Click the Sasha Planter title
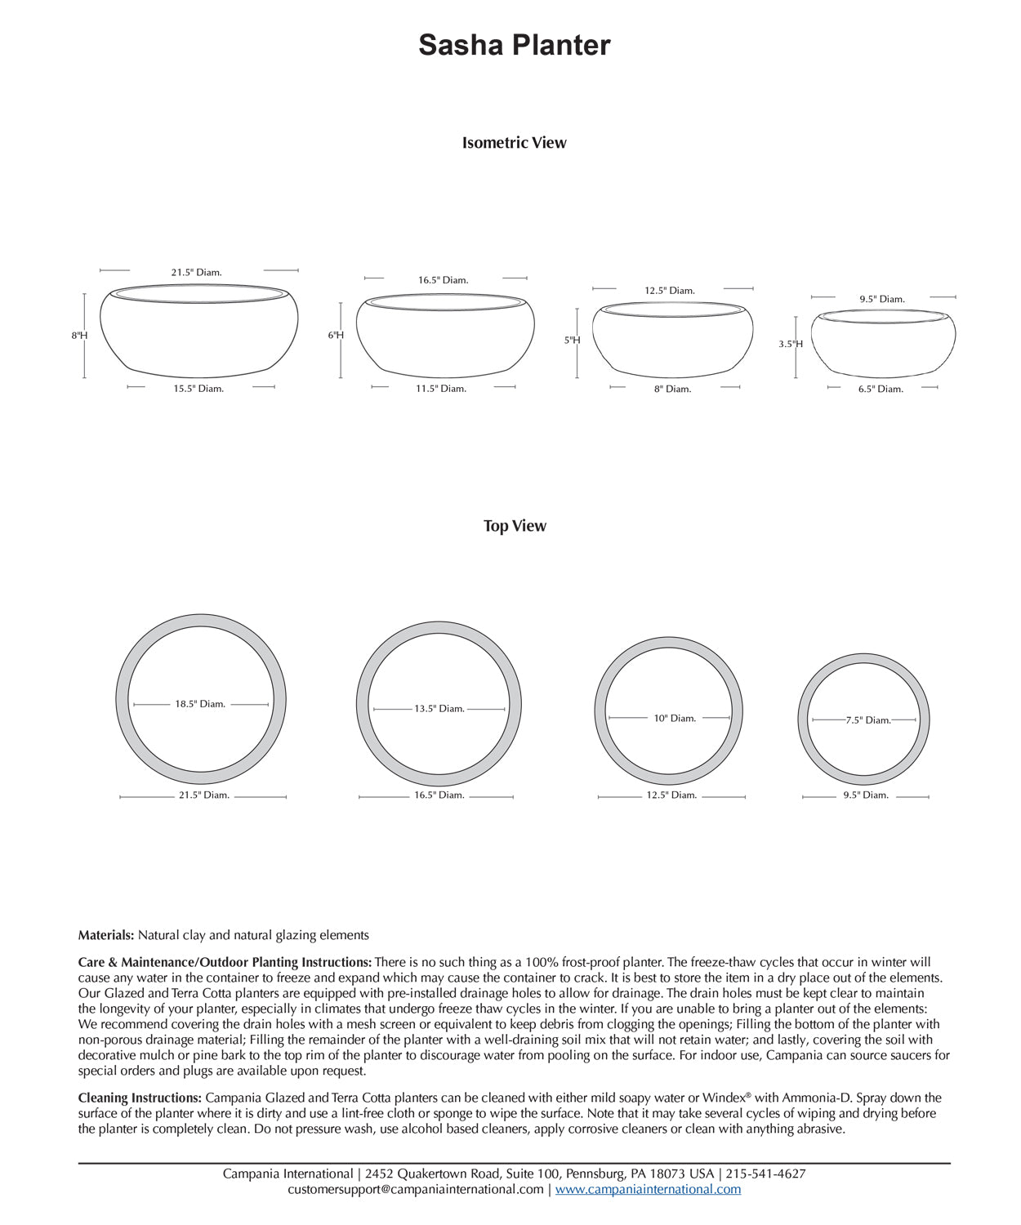(514, 45)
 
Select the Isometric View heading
(514, 143)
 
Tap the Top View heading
(514, 526)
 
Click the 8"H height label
(79, 336)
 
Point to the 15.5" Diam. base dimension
(198, 389)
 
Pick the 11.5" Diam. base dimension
(441, 389)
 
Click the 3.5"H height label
(791, 344)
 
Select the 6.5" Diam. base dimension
(881, 390)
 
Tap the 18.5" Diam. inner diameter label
(200, 704)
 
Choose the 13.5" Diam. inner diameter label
(439, 709)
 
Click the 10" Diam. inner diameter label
(675, 719)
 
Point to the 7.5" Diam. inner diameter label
(868, 720)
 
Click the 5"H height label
(572, 341)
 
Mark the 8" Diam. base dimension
(672, 390)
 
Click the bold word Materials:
(106, 935)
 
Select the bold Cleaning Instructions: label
(140, 1098)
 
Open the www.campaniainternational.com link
(649, 1189)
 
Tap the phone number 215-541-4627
(766, 1174)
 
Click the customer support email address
(416, 1189)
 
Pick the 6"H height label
(336, 336)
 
